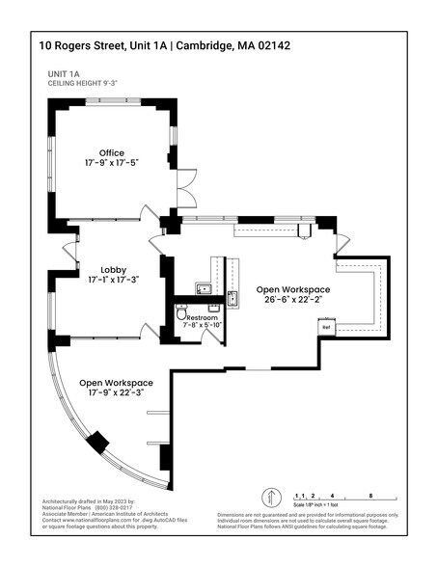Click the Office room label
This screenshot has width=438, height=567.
click(112, 152)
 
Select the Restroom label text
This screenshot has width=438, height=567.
click(203, 318)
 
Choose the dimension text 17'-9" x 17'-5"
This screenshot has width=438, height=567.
click(112, 164)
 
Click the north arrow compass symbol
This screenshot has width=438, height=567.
click(271, 499)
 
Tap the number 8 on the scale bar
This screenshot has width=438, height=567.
click(370, 494)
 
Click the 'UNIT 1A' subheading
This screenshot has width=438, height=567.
click(66, 73)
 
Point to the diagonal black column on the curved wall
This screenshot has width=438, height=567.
click(97, 443)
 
